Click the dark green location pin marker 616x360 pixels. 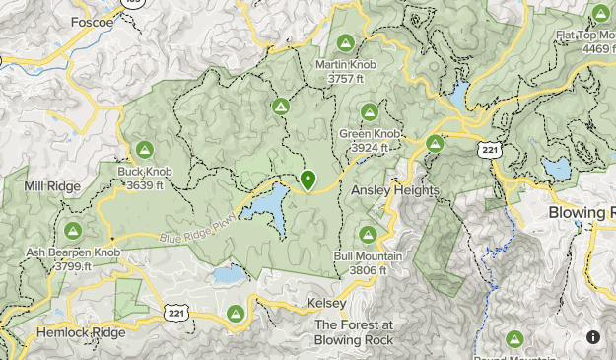coord(308,180)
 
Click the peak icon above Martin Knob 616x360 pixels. coord(345,42)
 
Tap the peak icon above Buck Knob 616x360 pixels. coord(144,150)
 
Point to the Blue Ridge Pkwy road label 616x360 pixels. coord(198,228)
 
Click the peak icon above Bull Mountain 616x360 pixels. coord(367,235)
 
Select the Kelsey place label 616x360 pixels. coord(326,303)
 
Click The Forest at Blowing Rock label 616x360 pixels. coord(354,332)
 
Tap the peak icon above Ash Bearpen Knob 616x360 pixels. coord(73,230)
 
